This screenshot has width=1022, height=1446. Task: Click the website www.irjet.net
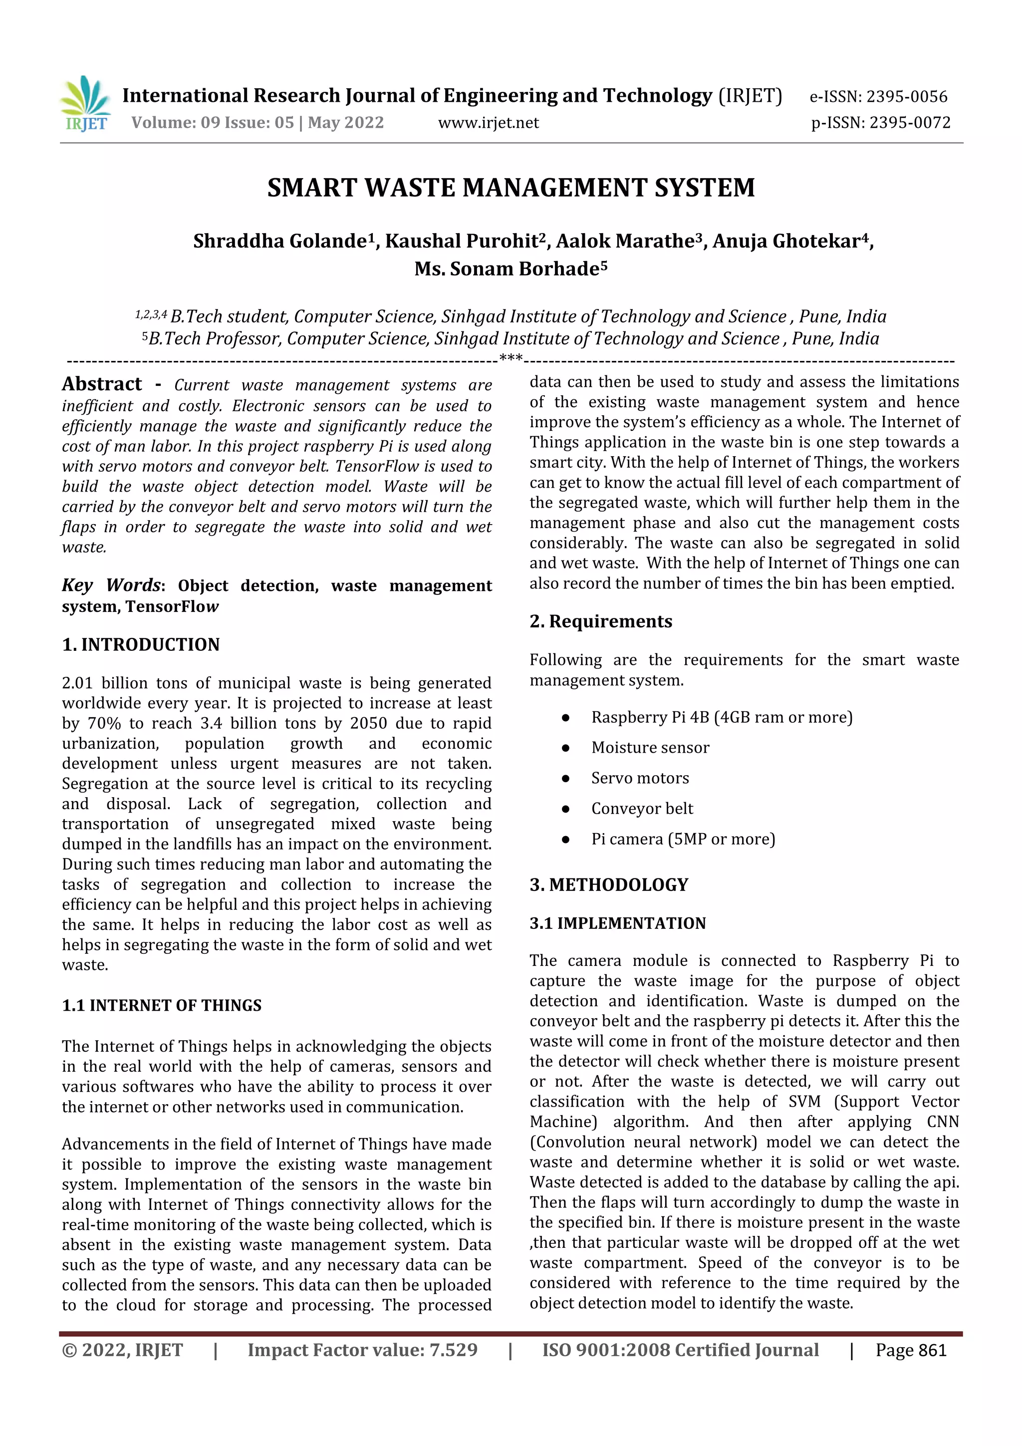(488, 123)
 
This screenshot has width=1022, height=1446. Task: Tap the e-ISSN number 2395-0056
(906, 97)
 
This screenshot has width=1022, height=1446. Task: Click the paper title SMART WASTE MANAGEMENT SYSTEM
(511, 188)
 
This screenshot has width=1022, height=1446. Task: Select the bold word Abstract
(102, 384)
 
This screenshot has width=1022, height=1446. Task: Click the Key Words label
(111, 585)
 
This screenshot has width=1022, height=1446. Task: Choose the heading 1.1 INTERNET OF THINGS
(161, 1005)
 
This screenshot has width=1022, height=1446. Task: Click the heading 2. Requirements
(600, 621)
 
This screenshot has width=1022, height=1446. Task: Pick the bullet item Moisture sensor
(650, 748)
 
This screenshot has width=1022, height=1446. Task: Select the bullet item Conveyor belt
(642, 809)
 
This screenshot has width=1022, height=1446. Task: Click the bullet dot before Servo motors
(565, 779)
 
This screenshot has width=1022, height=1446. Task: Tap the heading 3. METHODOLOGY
(608, 885)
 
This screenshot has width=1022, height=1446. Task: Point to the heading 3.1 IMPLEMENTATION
(617, 923)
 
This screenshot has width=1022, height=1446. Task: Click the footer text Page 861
(911, 1350)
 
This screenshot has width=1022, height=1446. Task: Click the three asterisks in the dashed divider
(510, 359)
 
